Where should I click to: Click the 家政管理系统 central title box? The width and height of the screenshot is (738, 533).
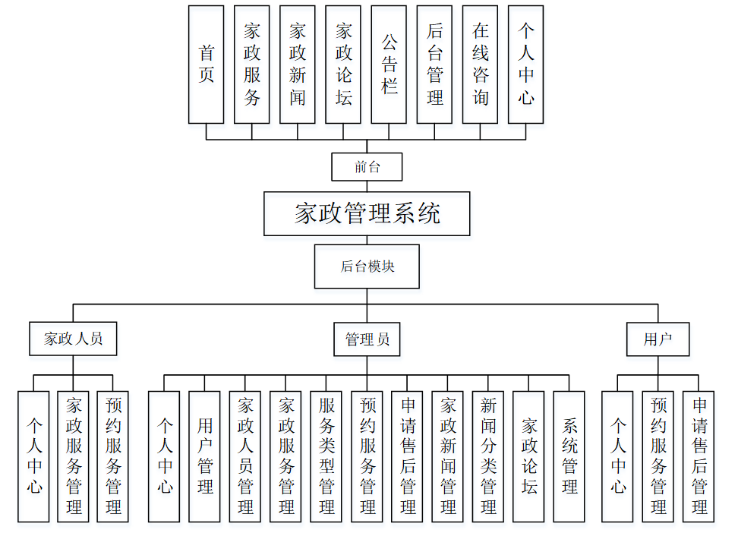coord(367,213)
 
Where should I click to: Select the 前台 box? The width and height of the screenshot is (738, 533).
coord(367,167)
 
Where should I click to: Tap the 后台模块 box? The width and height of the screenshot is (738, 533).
coord(367,266)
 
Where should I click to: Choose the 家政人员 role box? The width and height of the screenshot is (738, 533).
coord(73,339)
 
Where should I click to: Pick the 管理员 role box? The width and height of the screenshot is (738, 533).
coord(367,339)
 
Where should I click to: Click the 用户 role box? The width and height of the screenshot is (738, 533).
coord(658,339)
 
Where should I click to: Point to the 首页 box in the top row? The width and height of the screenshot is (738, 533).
coord(207,65)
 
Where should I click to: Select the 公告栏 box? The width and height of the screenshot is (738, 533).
coord(389,65)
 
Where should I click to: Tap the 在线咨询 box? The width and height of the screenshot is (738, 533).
coord(480,65)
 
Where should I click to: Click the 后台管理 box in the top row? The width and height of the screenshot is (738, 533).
coord(434,65)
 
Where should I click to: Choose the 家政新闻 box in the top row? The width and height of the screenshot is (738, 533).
coord(298,65)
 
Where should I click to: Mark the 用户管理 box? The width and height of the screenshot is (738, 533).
coord(205,456)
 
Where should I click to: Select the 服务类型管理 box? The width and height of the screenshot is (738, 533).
coord(326,456)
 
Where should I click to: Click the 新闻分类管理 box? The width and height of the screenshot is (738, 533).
coord(488,456)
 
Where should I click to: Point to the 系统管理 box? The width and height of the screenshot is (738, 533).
coord(569,456)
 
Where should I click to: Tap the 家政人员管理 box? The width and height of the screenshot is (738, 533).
coord(245,456)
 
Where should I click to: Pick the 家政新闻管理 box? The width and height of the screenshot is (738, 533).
coord(448,456)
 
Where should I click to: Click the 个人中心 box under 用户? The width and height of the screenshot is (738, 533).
coord(618,456)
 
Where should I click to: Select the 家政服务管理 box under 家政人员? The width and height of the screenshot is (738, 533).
coord(74,456)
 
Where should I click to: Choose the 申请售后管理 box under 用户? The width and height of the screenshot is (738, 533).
coord(699,456)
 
